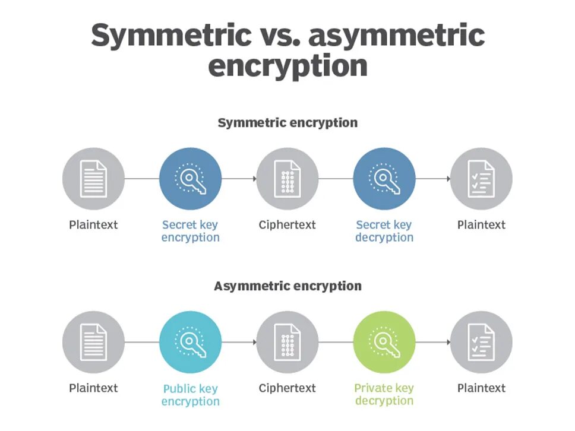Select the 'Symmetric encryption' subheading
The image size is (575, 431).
(x=287, y=123)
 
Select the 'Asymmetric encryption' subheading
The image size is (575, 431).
(x=287, y=286)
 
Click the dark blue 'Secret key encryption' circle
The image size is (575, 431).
(x=190, y=178)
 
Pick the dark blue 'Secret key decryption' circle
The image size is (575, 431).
(x=384, y=178)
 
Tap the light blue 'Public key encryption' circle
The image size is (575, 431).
(x=190, y=342)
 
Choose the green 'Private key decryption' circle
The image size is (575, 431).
(x=384, y=342)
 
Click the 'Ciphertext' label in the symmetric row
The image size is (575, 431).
(x=287, y=225)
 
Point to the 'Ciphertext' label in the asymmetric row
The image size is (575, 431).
(x=287, y=388)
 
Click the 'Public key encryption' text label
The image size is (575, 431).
(x=190, y=395)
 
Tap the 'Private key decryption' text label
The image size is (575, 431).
(x=384, y=395)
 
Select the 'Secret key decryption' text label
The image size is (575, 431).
(x=384, y=231)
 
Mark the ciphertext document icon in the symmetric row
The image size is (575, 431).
(x=287, y=178)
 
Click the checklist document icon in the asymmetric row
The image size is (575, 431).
(x=481, y=342)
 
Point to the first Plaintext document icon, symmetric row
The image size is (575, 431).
(x=94, y=178)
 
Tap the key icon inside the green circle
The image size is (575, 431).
(x=384, y=342)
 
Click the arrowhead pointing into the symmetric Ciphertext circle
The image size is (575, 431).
(x=254, y=178)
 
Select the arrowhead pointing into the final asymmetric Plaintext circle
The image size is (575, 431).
(x=447, y=342)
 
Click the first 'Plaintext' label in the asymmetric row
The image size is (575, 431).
(x=94, y=388)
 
